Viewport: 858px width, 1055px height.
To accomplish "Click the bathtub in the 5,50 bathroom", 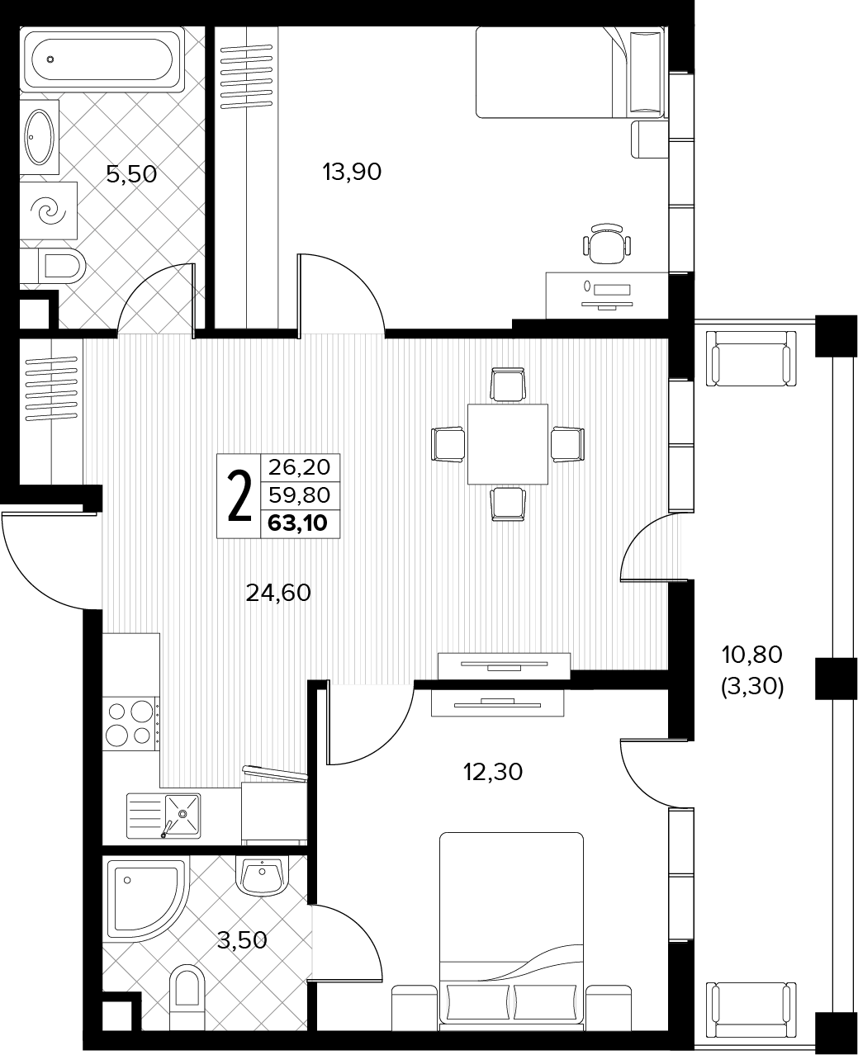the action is coord(102,59).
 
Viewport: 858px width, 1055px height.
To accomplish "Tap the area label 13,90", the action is coord(352,173).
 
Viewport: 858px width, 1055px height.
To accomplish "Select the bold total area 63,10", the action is coord(298,523).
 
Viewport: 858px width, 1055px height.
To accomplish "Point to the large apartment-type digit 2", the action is coord(239,496).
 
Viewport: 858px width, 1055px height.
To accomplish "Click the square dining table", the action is coord(508,444).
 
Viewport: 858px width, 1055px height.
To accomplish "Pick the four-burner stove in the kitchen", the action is coord(130,723).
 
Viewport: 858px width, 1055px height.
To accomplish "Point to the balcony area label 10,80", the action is coord(752,655).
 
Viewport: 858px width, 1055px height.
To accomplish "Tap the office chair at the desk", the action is coord(607,244).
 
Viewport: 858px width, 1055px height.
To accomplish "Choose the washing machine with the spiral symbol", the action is coord(49,210).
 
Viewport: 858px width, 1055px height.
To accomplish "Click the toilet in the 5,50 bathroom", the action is coord(54,266).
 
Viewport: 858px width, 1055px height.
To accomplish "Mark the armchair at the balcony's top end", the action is coord(751,358).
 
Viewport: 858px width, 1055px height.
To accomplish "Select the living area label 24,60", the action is coord(278,593).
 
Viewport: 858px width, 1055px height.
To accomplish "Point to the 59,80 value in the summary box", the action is coord(299,494).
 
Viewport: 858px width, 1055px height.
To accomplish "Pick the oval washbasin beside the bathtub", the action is coord(40,137).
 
